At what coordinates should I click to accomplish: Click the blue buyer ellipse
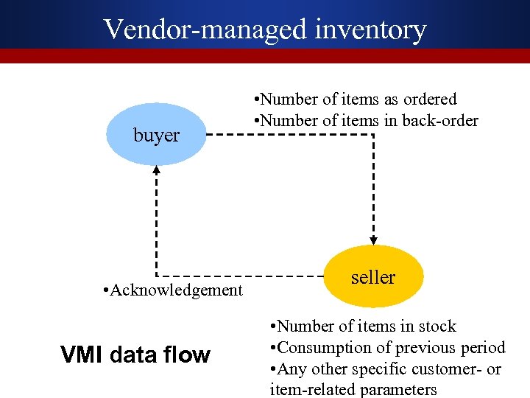(x=156, y=134)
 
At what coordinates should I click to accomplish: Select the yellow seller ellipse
(x=373, y=277)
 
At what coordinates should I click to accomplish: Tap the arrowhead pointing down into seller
(x=373, y=239)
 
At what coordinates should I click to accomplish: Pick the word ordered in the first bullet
(x=430, y=99)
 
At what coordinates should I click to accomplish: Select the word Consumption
(x=325, y=348)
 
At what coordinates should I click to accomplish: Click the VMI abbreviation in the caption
(x=83, y=355)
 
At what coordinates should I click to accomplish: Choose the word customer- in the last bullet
(x=442, y=369)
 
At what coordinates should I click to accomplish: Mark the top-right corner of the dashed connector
(x=373, y=135)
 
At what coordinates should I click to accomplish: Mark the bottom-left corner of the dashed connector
(x=156, y=271)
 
